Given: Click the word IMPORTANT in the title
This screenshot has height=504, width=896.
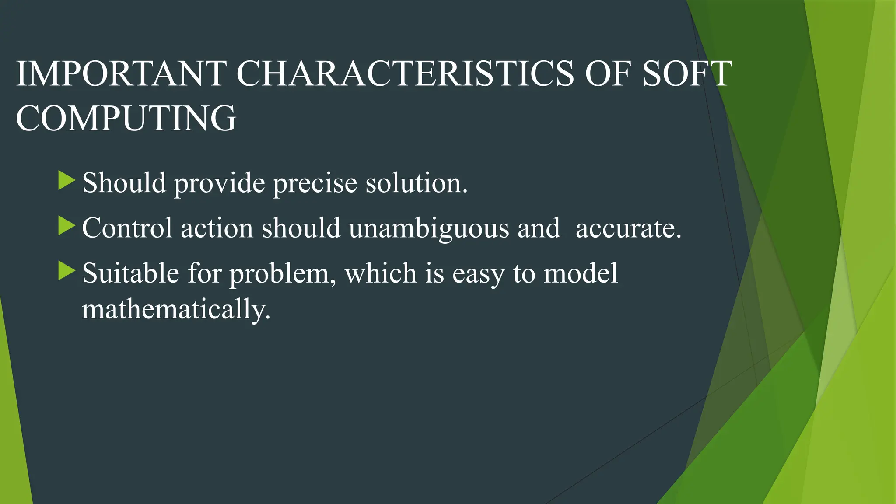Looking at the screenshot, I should point(121,73).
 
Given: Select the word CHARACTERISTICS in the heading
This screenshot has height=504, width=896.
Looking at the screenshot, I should point(405,73).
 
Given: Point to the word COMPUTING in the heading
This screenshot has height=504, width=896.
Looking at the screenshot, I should point(126,118).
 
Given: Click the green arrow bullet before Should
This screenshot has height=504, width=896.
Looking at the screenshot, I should point(66,181).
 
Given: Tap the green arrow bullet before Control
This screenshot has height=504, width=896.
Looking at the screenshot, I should point(66,226).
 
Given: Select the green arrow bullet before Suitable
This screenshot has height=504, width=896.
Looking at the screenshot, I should point(66,271).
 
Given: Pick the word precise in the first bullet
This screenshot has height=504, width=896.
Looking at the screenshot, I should point(315,183).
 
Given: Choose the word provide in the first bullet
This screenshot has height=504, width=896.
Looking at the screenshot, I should point(220,183).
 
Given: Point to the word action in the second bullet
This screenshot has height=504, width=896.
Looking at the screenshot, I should point(217,228).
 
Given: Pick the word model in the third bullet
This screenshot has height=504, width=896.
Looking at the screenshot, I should point(581,273).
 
